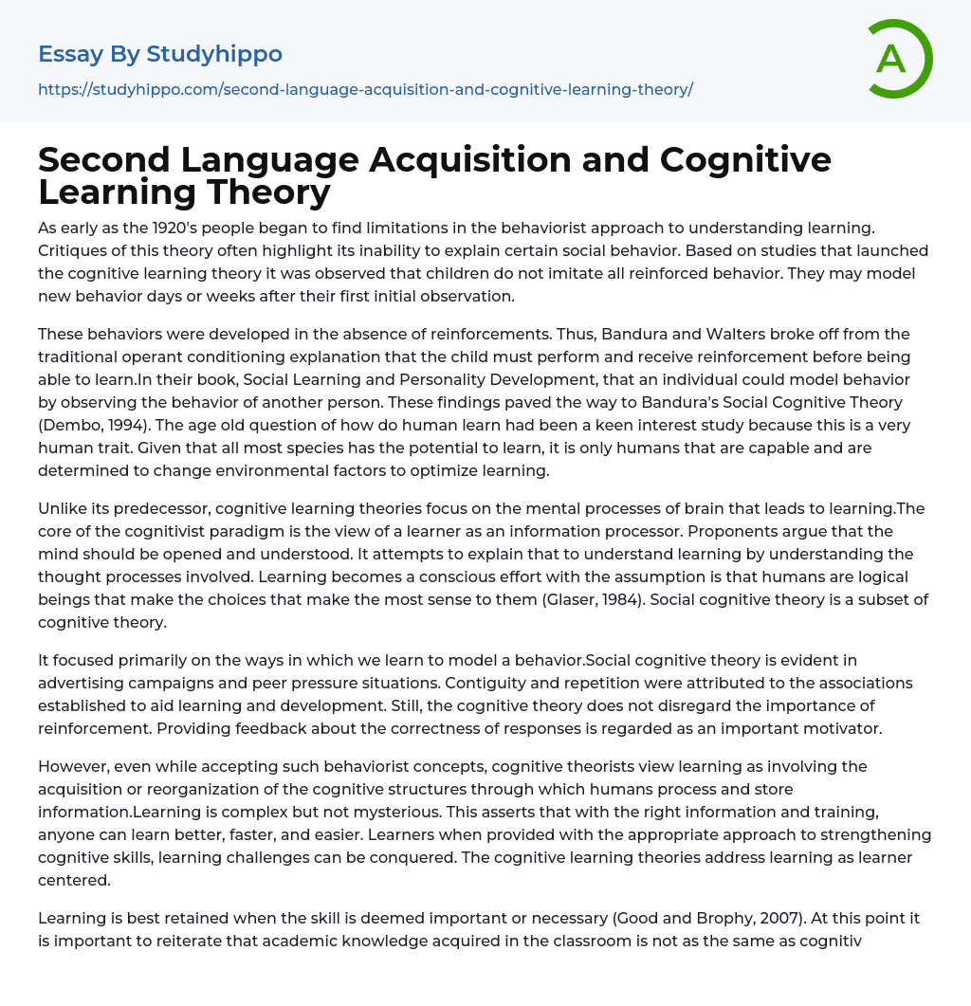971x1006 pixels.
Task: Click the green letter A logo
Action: (x=899, y=59)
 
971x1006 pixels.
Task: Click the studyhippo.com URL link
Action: (x=365, y=89)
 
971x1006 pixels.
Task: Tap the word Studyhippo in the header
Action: (x=214, y=54)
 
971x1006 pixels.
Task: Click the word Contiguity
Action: (x=483, y=683)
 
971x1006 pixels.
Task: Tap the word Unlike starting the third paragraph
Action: (x=63, y=508)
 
